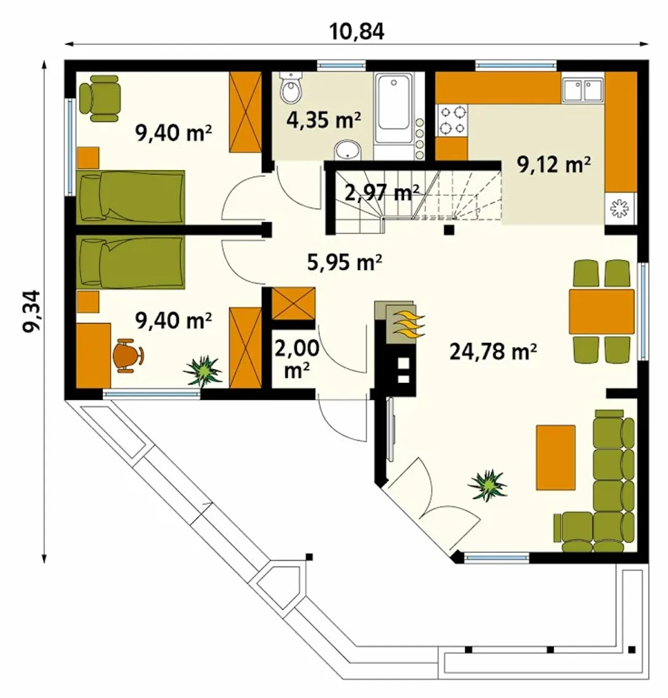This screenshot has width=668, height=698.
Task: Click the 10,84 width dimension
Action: click(356, 32)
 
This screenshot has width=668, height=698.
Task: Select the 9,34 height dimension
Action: click(31, 311)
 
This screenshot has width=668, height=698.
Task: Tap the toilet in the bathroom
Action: click(291, 87)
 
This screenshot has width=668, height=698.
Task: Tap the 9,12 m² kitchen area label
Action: click(553, 165)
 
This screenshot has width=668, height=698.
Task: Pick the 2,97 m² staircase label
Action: click(381, 193)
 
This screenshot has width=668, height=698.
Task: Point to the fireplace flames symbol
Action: click(409, 325)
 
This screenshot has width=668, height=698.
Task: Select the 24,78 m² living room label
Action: click(493, 352)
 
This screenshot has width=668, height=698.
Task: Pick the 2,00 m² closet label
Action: click(296, 359)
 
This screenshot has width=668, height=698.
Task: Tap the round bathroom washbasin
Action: click(348, 150)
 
